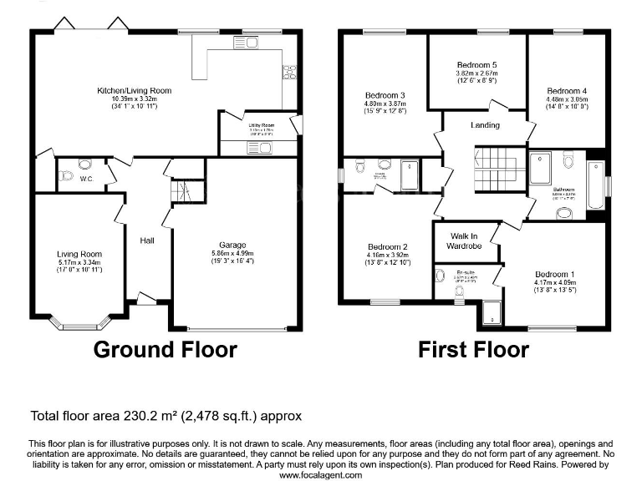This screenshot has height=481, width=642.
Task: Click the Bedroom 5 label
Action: click(x=476, y=64)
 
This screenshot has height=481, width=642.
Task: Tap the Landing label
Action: click(x=485, y=125)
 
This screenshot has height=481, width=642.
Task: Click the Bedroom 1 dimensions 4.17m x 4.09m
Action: click(x=555, y=283)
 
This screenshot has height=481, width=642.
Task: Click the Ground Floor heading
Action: click(x=165, y=349)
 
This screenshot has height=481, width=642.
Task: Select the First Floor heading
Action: click(x=473, y=349)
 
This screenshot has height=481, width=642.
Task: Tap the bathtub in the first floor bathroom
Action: click(x=594, y=183)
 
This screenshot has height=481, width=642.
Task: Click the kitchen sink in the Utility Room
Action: click(x=258, y=148)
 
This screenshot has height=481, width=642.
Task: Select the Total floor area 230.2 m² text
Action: click(x=166, y=415)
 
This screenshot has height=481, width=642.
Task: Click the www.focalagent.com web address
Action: click(x=320, y=474)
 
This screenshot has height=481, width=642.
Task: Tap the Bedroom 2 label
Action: click(x=388, y=247)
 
